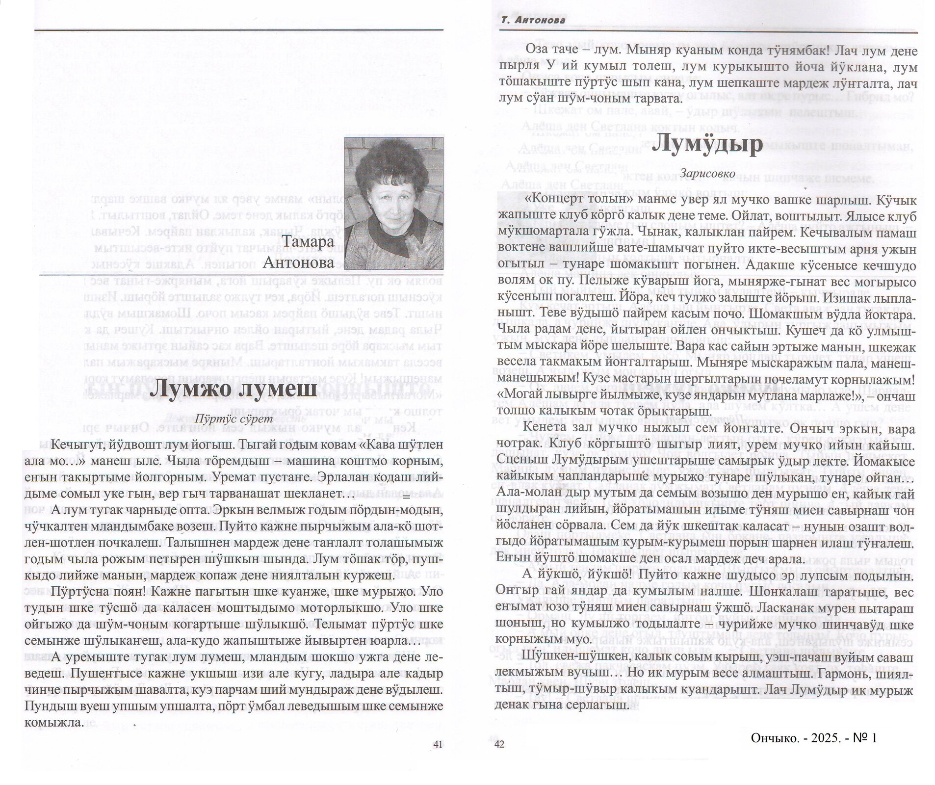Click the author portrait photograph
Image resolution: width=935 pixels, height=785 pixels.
pos(393,203)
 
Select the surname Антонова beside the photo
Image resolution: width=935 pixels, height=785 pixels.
pos(299,263)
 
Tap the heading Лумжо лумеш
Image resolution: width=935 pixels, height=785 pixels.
pos(233,391)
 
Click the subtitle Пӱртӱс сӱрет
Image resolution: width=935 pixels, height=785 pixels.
pos(233,419)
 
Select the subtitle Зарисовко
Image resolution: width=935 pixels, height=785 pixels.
pos(708,173)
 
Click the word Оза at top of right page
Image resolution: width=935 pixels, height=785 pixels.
pos(536,51)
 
